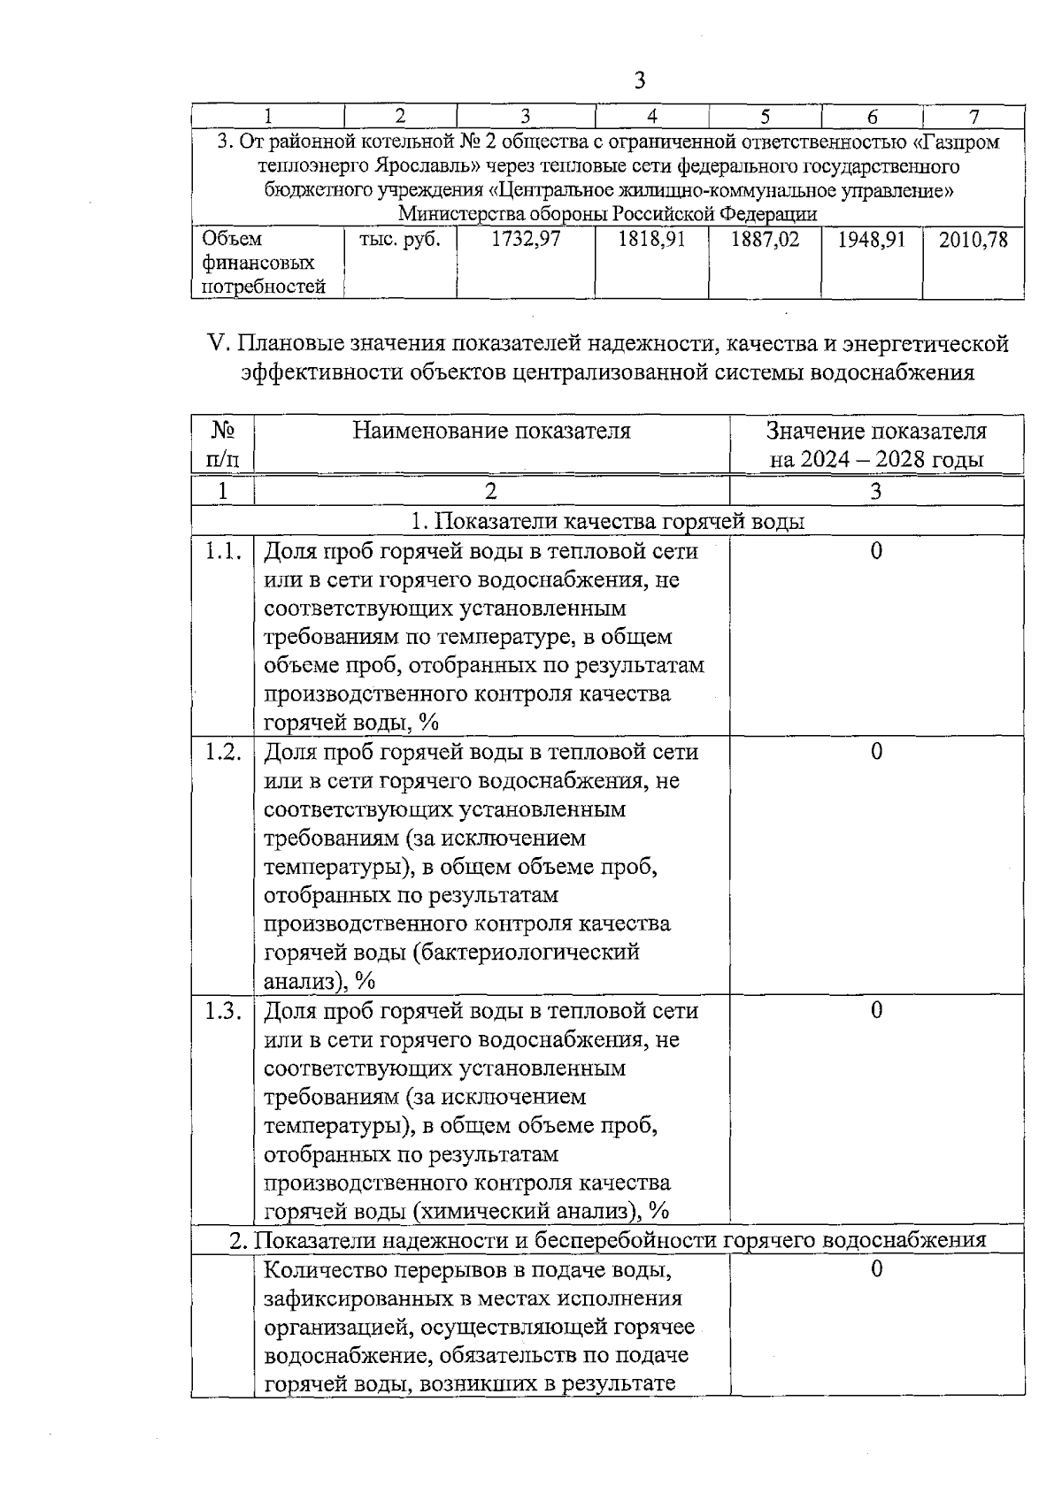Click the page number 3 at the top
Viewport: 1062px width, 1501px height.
click(x=640, y=81)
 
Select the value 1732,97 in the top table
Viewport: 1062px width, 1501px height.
click(x=526, y=240)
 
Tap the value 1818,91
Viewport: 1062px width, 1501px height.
click(x=651, y=240)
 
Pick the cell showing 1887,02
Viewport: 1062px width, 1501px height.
click(x=765, y=240)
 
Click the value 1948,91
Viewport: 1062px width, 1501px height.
click(x=872, y=240)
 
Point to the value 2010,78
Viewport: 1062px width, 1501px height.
click(x=973, y=240)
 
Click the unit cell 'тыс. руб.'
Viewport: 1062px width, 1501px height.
click(x=400, y=240)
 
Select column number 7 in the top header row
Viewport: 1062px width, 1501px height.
click(x=973, y=116)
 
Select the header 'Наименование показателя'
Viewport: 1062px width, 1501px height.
click(x=491, y=431)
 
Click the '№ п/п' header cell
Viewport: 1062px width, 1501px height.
click(x=223, y=445)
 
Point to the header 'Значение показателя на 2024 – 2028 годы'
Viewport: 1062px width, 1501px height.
click(x=876, y=445)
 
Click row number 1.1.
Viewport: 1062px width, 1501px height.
click(x=223, y=552)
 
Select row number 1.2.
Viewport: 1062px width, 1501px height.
click(x=223, y=753)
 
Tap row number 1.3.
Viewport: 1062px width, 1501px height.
click(x=223, y=1012)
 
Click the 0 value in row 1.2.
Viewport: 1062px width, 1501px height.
click(x=876, y=753)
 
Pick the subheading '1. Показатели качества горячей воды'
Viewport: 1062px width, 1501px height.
click(x=607, y=522)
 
